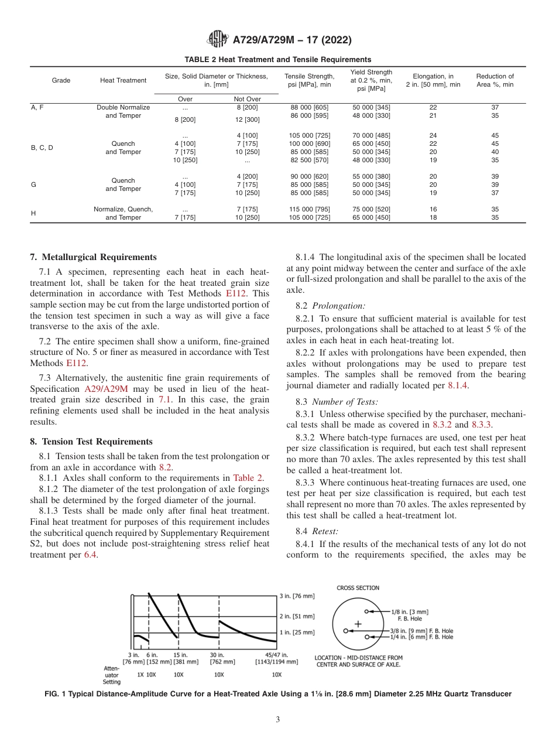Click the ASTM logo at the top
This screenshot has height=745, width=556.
click(x=218, y=40)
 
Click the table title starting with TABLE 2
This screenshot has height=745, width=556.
click(x=277, y=60)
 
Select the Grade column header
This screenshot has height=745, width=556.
click(x=61, y=80)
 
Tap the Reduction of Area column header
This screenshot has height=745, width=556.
click(x=495, y=80)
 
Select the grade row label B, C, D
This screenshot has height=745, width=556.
click(x=42, y=148)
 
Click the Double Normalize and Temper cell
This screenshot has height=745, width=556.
click(x=123, y=111)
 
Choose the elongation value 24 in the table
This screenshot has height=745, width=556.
click(x=433, y=135)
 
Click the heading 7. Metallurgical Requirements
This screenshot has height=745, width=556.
click(x=93, y=257)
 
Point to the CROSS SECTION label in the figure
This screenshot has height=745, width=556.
click(x=358, y=588)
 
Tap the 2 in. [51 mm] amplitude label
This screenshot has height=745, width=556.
click(x=297, y=616)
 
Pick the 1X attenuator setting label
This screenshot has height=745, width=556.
click(x=140, y=674)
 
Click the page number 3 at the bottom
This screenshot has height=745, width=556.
click(x=277, y=720)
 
